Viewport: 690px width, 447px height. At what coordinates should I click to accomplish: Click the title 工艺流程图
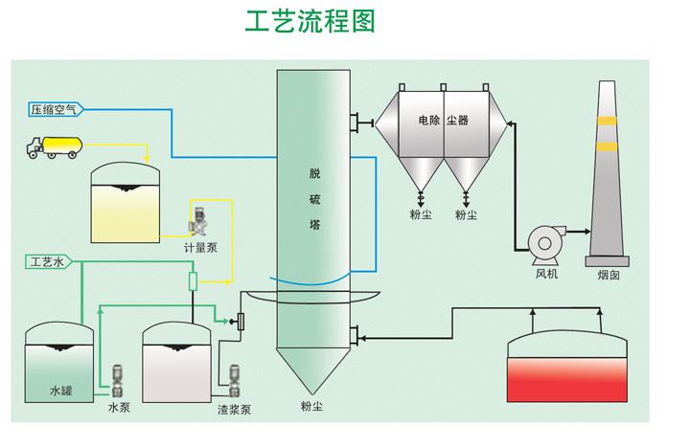[x=309, y=22]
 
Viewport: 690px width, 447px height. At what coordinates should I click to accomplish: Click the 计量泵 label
[x=201, y=247]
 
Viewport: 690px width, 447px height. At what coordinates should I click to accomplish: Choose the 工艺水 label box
[x=47, y=261]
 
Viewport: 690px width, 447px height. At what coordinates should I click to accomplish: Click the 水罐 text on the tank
[x=61, y=391]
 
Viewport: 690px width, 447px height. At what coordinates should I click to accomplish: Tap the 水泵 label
[x=118, y=407]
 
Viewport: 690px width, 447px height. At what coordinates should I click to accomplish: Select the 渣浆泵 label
[x=234, y=409]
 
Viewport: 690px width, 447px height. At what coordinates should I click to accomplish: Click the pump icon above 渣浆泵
[x=233, y=379]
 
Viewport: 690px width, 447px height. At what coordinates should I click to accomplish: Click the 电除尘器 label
[x=444, y=122]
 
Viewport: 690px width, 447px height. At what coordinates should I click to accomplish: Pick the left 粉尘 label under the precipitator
[x=421, y=214]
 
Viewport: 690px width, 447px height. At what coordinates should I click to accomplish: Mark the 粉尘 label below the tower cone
[x=311, y=407]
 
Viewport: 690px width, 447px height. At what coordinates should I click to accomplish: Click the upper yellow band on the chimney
[x=607, y=121]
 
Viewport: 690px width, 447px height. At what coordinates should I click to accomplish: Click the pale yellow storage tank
[x=125, y=205]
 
